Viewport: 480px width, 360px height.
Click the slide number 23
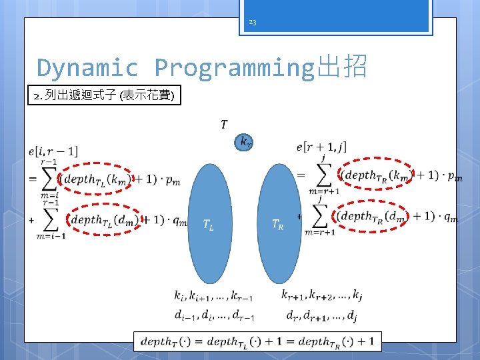[x=252, y=23]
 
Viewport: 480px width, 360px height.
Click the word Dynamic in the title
[x=87, y=67]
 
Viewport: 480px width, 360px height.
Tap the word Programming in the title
[x=233, y=67]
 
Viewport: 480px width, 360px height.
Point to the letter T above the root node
[x=223, y=124]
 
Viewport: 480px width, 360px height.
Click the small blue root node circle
[x=244, y=141]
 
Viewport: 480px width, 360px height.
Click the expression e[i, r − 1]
[x=54, y=152]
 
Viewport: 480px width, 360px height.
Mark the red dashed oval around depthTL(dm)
[x=102, y=219]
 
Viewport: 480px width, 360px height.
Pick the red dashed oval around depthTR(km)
[x=376, y=175]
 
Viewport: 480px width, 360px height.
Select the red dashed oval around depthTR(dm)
[x=371, y=216]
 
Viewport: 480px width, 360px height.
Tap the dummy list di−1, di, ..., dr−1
[x=213, y=315]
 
